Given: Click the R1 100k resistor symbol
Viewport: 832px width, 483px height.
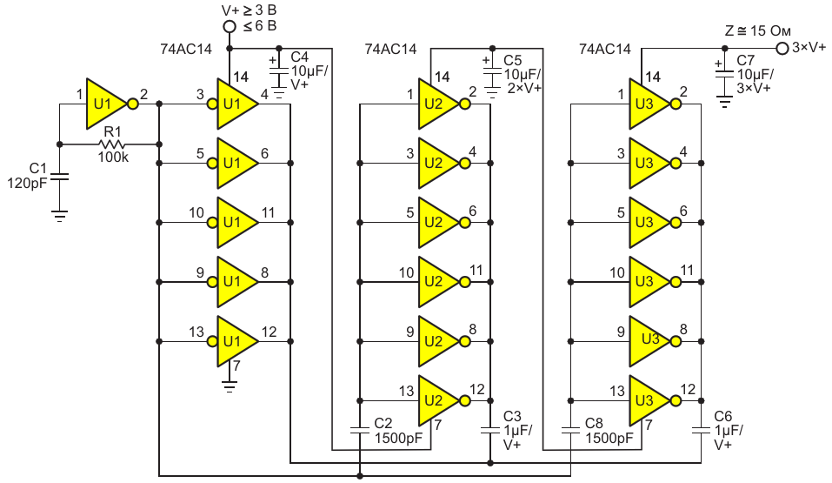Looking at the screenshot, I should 110,144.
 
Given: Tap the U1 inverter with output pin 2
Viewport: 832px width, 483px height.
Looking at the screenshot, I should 106,104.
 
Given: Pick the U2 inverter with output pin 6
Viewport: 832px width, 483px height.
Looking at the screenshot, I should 440,222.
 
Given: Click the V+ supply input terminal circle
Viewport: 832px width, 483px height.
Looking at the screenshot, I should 230,27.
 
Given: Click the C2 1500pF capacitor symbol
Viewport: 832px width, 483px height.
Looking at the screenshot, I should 360,428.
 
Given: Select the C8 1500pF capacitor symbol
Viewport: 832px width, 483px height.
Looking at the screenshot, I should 570,428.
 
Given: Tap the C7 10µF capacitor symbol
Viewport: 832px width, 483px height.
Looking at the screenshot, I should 723,76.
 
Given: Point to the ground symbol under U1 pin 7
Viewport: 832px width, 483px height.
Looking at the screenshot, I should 230,383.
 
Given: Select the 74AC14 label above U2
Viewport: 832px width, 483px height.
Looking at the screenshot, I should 390,50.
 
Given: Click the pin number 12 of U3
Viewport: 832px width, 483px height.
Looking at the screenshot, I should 687,389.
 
